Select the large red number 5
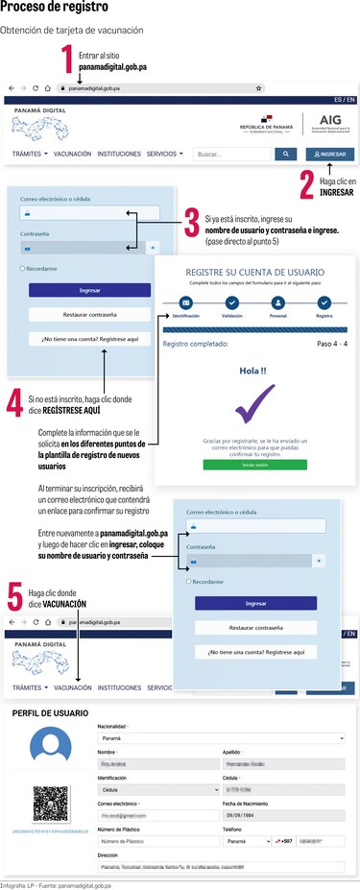[15, 596]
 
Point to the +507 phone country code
[286, 840]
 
